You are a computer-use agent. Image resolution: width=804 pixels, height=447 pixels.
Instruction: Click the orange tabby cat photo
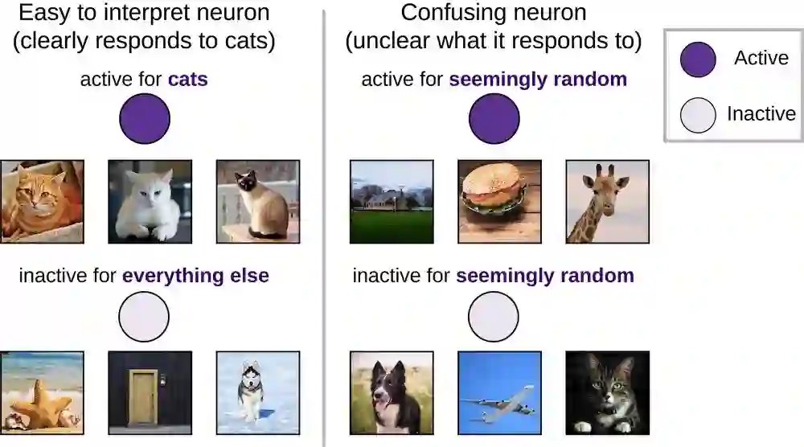(42, 201)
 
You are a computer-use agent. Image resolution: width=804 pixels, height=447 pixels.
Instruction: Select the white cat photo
(150, 201)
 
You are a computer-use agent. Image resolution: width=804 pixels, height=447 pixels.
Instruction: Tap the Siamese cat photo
(257, 201)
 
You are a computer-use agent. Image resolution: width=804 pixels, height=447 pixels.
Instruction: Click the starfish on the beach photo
(42, 392)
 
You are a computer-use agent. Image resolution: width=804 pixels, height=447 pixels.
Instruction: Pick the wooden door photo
(150, 392)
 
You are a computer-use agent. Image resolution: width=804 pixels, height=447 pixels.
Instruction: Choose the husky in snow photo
(257, 392)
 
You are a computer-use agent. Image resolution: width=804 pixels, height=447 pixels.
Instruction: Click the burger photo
(499, 201)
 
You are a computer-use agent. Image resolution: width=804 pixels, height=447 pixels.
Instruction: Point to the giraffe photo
(607, 201)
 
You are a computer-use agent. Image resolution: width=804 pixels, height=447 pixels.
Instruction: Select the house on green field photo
(392, 201)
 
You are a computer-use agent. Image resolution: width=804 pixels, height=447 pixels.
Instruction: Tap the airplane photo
(499, 392)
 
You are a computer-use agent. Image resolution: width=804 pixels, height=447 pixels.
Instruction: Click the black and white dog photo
(392, 392)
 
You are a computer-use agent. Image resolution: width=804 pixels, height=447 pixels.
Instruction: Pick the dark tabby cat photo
(607, 392)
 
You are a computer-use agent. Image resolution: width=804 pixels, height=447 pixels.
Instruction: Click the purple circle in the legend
(698, 59)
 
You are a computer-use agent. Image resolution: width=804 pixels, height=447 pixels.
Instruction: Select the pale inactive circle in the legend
(698, 114)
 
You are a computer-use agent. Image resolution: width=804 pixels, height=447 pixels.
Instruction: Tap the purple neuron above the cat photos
(145, 119)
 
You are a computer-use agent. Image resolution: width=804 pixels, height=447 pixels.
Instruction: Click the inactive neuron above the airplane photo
(494, 317)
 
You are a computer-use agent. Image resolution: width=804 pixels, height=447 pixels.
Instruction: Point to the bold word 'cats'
(187, 80)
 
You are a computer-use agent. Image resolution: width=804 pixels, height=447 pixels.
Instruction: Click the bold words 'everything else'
(195, 276)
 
